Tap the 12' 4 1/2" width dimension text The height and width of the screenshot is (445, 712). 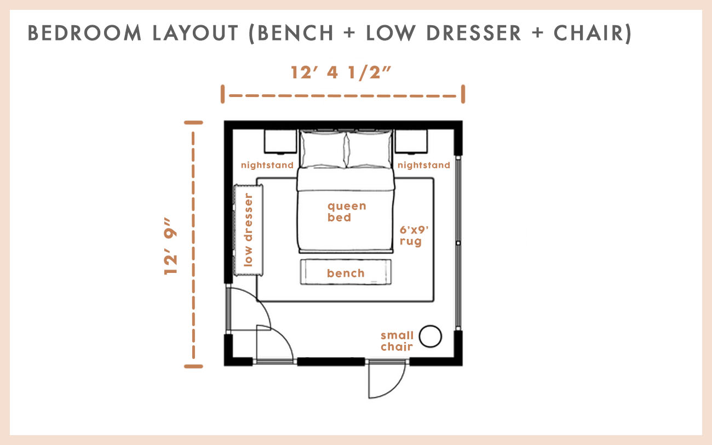(342, 73)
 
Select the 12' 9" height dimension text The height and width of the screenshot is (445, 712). (172, 246)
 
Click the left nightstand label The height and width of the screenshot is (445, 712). (268, 165)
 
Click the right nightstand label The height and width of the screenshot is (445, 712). (423, 165)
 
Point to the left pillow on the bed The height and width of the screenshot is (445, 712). (321, 150)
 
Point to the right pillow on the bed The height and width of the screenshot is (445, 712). (368, 150)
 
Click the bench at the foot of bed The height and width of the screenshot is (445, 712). (346, 272)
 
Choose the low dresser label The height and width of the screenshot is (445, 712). (249, 230)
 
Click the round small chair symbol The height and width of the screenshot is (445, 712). (430, 336)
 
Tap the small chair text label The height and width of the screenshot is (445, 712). (397, 341)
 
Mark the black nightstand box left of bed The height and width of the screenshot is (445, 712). (280, 141)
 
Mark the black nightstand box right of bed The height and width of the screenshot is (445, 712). (411, 141)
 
